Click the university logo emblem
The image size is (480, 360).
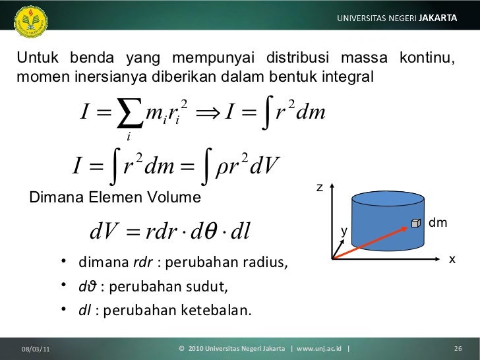(x=30, y=22)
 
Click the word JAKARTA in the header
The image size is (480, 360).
(x=438, y=18)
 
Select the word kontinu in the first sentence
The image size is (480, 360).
(x=427, y=57)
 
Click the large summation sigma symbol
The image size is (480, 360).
(x=130, y=113)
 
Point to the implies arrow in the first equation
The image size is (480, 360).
(x=208, y=113)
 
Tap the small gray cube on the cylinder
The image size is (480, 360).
(x=415, y=223)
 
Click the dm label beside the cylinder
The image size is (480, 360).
(x=438, y=223)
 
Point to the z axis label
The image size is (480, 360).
(x=320, y=187)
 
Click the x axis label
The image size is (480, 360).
(x=452, y=260)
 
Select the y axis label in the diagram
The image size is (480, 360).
(x=344, y=231)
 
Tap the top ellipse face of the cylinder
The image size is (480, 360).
(x=388, y=199)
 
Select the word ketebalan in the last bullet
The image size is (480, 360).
(x=216, y=310)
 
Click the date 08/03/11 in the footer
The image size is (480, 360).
(x=36, y=349)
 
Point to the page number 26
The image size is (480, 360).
(x=458, y=349)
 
